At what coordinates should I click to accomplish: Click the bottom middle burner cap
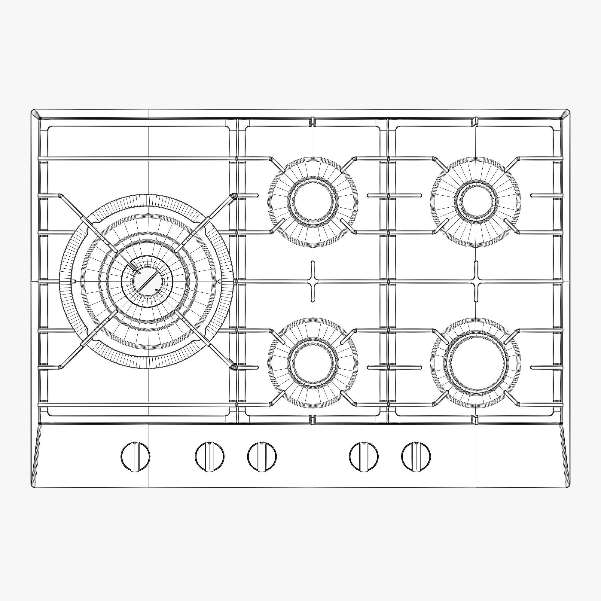(313, 363)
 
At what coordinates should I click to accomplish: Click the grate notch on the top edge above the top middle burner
(313, 121)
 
